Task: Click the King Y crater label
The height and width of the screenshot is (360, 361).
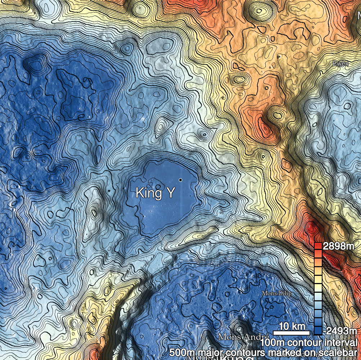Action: coord(155,193)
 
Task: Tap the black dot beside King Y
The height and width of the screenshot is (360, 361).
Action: coord(180,179)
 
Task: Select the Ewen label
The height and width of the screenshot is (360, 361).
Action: coord(340,64)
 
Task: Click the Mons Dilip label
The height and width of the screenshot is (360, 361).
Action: coord(276,293)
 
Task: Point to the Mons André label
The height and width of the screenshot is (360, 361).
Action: coord(239,337)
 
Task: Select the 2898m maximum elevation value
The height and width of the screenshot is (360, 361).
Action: coord(338,247)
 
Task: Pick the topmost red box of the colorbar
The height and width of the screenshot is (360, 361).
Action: coord(318,246)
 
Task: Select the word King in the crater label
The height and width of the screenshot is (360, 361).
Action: coord(148,193)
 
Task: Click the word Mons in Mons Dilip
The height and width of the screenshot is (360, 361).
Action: coord(269,293)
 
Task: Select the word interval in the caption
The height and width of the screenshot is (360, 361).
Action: coord(338,342)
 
